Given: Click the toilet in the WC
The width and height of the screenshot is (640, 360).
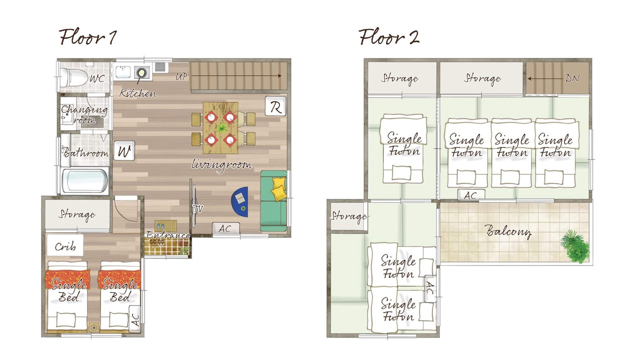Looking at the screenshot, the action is pos(73,77).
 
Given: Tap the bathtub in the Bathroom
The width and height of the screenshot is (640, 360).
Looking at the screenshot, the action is pos(85,181).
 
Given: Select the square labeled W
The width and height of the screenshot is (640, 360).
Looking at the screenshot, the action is pos(124,150).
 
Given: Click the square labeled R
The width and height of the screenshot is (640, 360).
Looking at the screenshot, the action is pos(275,106).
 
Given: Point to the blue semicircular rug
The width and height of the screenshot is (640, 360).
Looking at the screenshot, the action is pos(240,201).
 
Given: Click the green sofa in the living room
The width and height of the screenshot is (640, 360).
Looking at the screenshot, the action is pos(273,201).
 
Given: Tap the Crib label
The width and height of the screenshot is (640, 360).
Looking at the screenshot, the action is pos(65,246).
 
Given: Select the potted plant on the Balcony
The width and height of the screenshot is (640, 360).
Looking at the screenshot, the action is pos(575,246).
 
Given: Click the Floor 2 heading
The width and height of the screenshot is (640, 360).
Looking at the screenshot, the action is pos(389,37).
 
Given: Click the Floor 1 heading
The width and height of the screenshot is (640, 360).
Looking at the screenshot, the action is pos(87,37).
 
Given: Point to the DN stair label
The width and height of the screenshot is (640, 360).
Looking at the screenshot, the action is pos(572,77).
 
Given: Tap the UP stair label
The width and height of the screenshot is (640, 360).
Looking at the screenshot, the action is pos(181,76).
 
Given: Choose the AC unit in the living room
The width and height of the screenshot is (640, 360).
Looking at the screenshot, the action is pos(225,228).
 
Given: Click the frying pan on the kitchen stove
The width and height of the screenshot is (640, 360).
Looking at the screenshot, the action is pos(141,73).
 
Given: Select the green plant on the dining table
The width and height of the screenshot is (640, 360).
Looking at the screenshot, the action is pos(221,127).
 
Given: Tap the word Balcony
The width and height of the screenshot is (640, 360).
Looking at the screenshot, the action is pos(508,231).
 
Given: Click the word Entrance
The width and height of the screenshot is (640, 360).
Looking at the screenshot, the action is pos(168,235).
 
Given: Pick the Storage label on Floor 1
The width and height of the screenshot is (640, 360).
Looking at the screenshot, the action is pos(77,214).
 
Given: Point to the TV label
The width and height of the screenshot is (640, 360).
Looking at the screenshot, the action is pos(197,209).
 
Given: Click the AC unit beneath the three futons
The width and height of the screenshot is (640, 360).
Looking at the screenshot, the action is pos(471,195).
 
